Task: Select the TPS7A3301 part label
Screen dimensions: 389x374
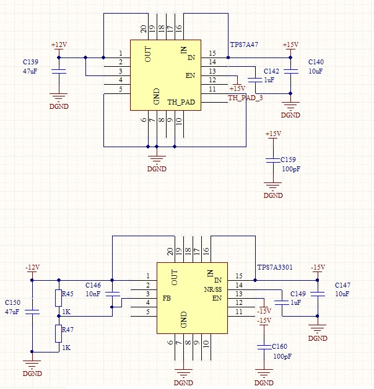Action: point(275,268)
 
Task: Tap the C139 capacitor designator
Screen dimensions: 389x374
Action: point(30,62)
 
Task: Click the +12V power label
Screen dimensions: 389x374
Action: point(59,45)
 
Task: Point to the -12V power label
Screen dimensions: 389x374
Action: point(32,267)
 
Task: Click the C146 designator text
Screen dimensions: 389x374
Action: point(93,285)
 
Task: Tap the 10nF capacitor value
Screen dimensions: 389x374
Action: point(92,294)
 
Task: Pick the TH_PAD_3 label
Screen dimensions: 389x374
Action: point(245,98)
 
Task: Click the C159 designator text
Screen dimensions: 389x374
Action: point(288,159)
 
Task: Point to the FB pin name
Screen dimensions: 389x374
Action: point(167,298)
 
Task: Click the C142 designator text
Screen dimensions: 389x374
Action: point(272,71)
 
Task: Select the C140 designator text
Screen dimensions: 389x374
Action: point(315,62)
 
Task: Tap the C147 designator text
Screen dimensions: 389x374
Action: point(342,285)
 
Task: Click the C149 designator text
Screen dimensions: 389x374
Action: point(298,294)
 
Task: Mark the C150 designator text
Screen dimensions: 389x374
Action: point(12,302)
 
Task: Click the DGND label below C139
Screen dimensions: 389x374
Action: point(59,106)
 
